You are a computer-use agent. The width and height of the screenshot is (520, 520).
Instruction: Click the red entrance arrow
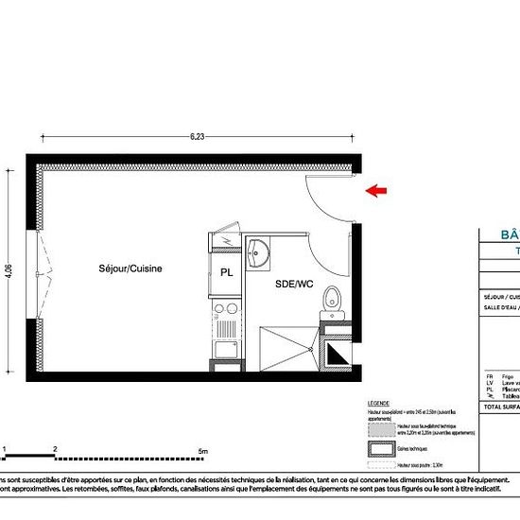(375, 191)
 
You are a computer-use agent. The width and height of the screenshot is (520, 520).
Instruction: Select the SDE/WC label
(293, 284)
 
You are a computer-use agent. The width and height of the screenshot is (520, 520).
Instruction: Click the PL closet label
(227, 272)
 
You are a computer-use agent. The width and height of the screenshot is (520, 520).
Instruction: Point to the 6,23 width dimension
(197, 136)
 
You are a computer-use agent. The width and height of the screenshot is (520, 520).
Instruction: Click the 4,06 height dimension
(9, 271)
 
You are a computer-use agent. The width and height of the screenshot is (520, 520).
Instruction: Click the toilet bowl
(330, 299)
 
